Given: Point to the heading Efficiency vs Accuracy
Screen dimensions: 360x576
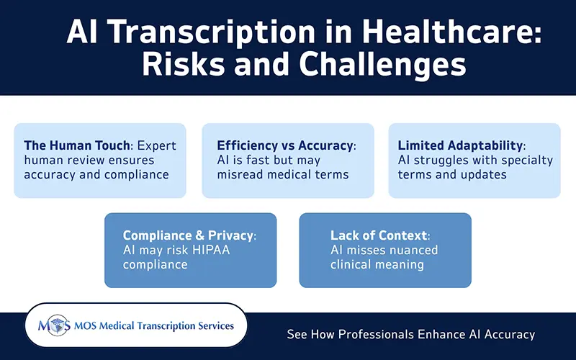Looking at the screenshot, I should pos(286,145).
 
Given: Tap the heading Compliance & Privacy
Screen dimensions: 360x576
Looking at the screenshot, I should pos(189,235).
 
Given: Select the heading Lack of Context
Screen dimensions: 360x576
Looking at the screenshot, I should pos(379,235).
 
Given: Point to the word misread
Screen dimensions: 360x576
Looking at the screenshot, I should pos(240,174).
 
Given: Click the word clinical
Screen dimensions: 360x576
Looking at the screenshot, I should pos(352,264).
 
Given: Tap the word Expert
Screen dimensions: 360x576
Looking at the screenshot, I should pos(158,145).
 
